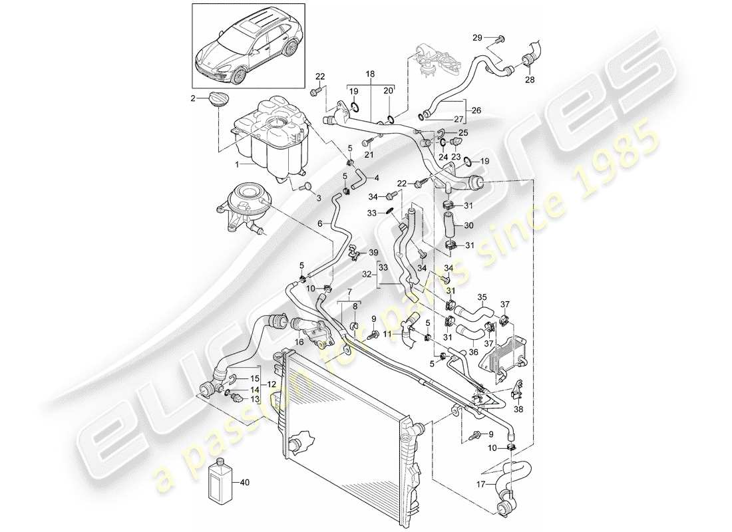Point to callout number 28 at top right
coord(529,80)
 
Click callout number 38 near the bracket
coord(519,410)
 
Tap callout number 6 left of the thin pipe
coord(319,224)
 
